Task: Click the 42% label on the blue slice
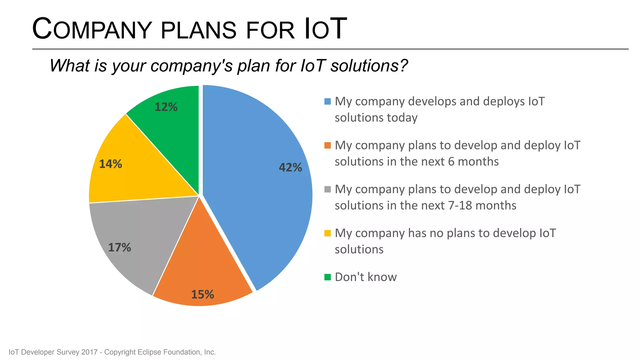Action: click(290, 167)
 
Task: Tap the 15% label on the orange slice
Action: click(202, 294)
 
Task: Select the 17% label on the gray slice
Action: click(119, 247)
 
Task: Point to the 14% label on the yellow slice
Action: click(110, 164)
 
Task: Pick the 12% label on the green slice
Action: click(166, 107)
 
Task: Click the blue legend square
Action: click(327, 102)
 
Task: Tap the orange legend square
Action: click(327, 146)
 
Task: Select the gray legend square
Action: click(327, 189)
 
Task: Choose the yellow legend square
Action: click(327, 233)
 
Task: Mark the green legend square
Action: click(327, 277)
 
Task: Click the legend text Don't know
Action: click(366, 277)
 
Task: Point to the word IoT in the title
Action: click(325, 29)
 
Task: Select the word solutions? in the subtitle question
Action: click(369, 66)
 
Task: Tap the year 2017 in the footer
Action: click(89, 352)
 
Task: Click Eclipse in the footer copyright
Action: click(149, 352)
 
